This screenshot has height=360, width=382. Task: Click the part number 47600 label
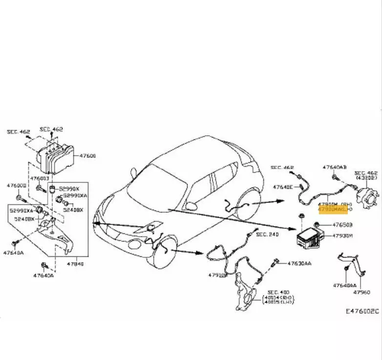click(87, 156)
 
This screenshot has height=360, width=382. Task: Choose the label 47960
click(361, 292)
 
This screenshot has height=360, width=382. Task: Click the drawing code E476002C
click(362, 311)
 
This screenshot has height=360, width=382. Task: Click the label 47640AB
click(335, 167)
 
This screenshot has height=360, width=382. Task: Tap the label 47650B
click(342, 225)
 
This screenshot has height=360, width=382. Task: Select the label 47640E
click(283, 187)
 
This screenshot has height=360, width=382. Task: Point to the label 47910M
click(217, 275)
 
